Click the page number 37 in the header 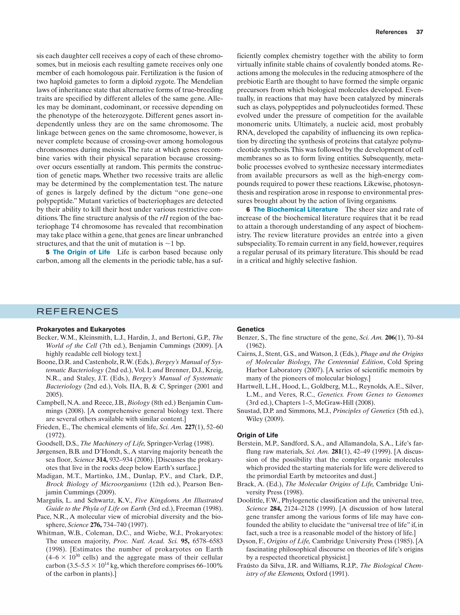click(x=419, y=32)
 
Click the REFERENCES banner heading click(x=77, y=311)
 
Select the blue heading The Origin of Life click(x=81, y=252)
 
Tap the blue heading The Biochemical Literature click(x=295, y=209)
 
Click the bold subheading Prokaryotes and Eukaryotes click(x=81, y=329)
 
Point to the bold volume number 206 click(x=390, y=337)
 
